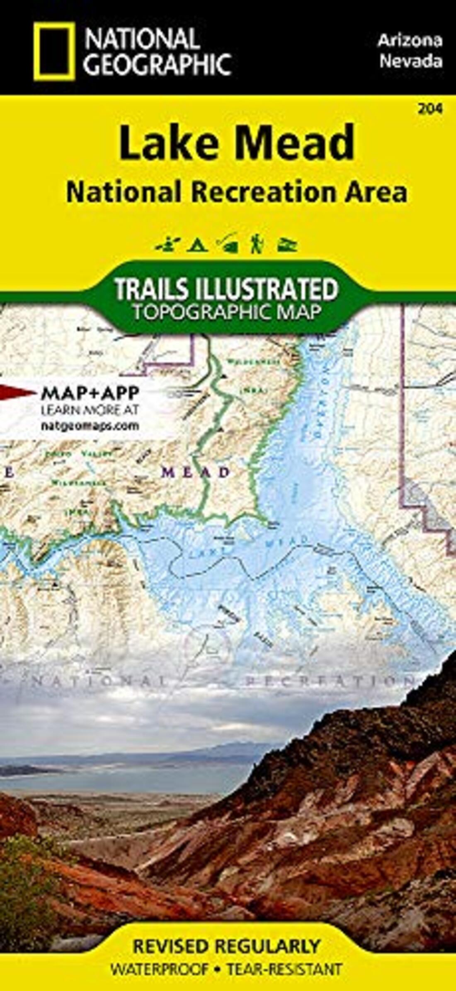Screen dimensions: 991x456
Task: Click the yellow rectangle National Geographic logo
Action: coord(54,51)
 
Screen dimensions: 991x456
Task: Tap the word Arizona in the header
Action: coord(410,41)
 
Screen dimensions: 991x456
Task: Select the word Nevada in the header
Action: coord(411,62)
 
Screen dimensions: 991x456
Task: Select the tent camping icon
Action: coord(196,245)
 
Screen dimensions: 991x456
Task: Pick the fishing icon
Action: coord(227,243)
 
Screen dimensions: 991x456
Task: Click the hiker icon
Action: coord(256,244)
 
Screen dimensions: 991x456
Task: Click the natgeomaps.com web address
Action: coord(90,426)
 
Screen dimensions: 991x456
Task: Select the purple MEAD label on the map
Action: coord(196,472)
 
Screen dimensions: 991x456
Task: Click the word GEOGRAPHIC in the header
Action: coord(158,64)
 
